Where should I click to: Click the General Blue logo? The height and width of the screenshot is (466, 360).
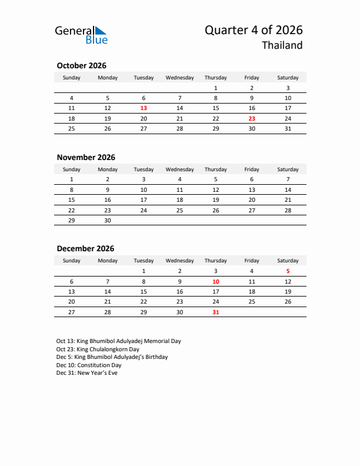(x=81, y=35)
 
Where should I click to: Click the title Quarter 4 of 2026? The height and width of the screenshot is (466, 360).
(x=254, y=30)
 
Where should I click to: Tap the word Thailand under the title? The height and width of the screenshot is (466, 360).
(x=282, y=46)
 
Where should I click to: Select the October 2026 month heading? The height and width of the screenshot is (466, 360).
(x=81, y=66)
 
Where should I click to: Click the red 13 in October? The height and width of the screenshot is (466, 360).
(x=144, y=108)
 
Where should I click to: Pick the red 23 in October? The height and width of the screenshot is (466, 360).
(x=252, y=118)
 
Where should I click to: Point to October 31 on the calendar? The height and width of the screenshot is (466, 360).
(x=288, y=128)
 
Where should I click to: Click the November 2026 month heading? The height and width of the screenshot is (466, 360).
(x=86, y=157)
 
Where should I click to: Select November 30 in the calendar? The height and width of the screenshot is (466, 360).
(x=108, y=219)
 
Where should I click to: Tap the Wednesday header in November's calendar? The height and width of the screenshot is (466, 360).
(x=179, y=169)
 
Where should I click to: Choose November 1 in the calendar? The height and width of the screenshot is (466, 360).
(x=72, y=179)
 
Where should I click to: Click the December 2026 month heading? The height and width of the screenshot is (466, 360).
(x=85, y=248)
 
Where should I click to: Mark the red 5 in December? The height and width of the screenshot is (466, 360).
(x=288, y=271)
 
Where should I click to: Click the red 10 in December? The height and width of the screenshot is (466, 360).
(x=215, y=281)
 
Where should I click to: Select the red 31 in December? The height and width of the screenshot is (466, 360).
(x=215, y=312)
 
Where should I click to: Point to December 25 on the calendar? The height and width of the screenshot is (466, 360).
(x=252, y=302)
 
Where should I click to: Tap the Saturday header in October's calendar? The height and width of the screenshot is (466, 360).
(x=288, y=78)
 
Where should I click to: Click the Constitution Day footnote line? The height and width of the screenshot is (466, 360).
(x=89, y=365)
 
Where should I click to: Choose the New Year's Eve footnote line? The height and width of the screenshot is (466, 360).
(x=87, y=373)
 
